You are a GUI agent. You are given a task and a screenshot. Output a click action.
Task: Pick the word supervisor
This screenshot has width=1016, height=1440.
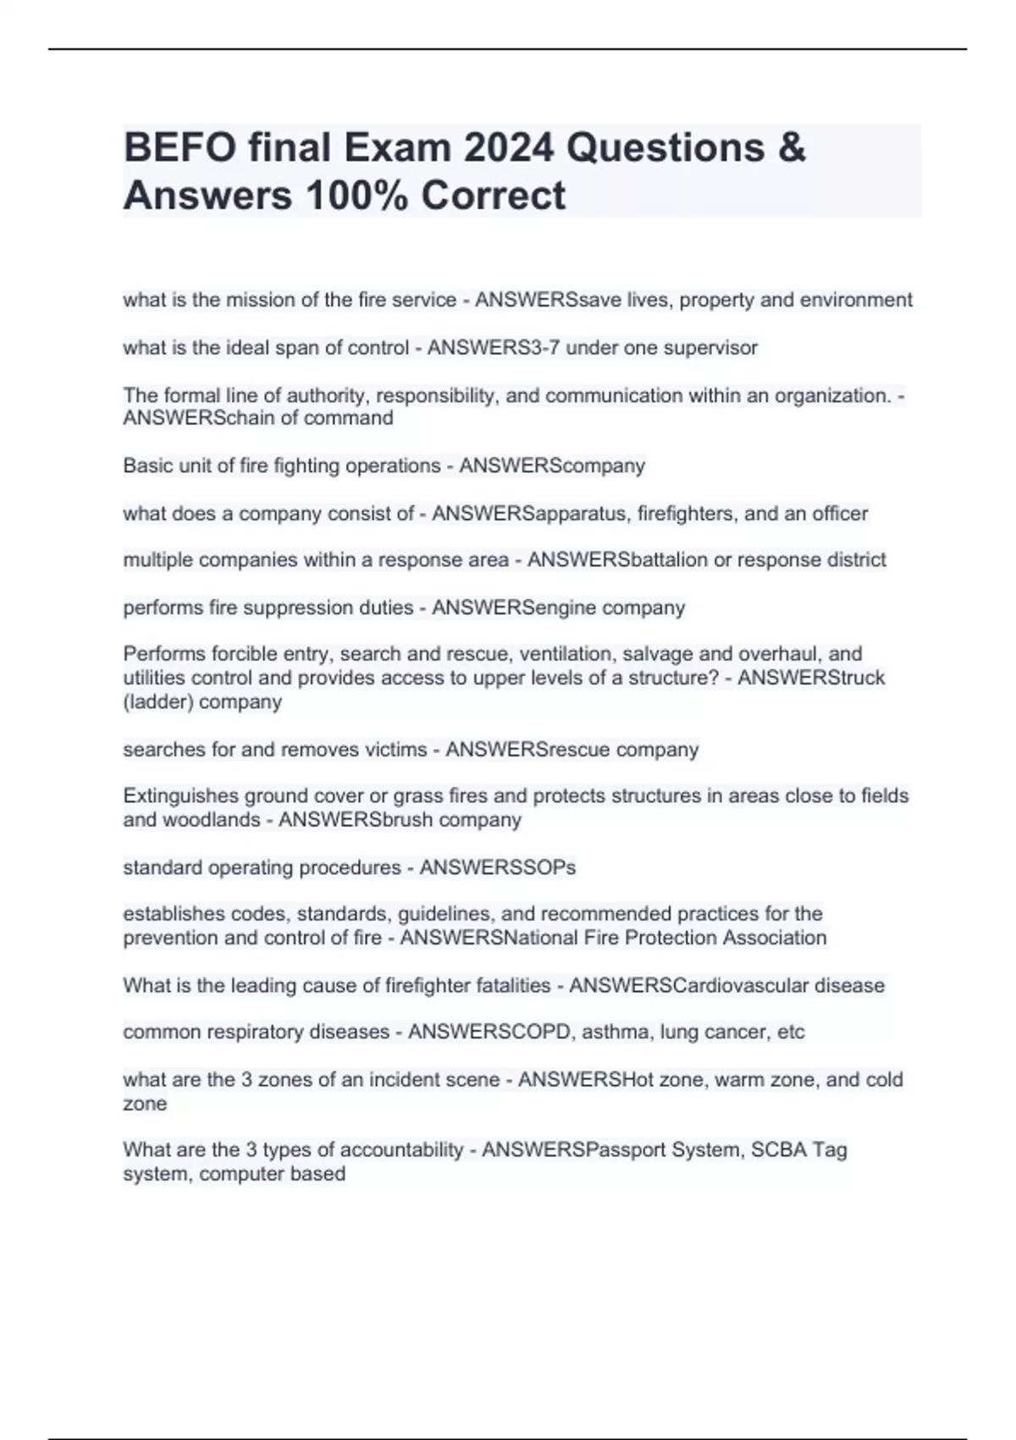(711, 348)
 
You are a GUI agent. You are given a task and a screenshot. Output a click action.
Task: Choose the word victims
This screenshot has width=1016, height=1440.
(395, 750)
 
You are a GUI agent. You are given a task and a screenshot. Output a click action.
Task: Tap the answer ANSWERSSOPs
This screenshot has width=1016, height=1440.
(498, 867)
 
